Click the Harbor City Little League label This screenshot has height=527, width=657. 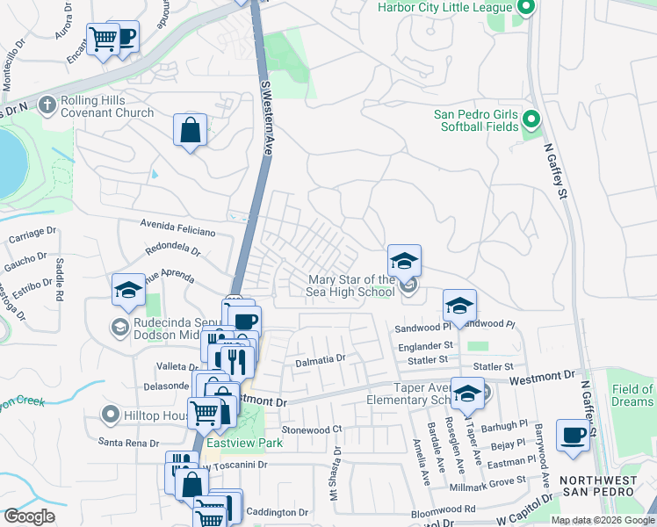click(444, 8)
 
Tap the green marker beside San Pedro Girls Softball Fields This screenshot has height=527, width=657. click(530, 118)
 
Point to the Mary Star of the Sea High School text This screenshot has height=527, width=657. click(350, 286)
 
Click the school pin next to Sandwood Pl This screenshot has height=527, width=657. click(459, 306)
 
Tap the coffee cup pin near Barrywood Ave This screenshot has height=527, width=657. click(573, 435)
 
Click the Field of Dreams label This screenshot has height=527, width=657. click(632, 395)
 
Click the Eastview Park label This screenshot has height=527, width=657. click(244, 443)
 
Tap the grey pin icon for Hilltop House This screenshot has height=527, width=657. click(110, 414)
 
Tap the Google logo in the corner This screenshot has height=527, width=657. click(29, 516)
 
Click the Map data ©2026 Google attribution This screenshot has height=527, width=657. click(603, 520)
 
